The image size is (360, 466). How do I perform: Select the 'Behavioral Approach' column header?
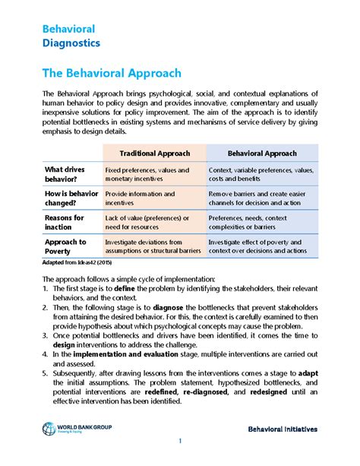coord(263,153)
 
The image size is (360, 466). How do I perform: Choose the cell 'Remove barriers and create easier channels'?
coord(256,198)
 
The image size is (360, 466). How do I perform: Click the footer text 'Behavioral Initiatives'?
coord(282,430)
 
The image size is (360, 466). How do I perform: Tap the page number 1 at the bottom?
coord(180,442)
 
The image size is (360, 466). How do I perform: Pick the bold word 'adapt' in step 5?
coord(308,373)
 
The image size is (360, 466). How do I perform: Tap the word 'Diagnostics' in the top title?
coord(71,43)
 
